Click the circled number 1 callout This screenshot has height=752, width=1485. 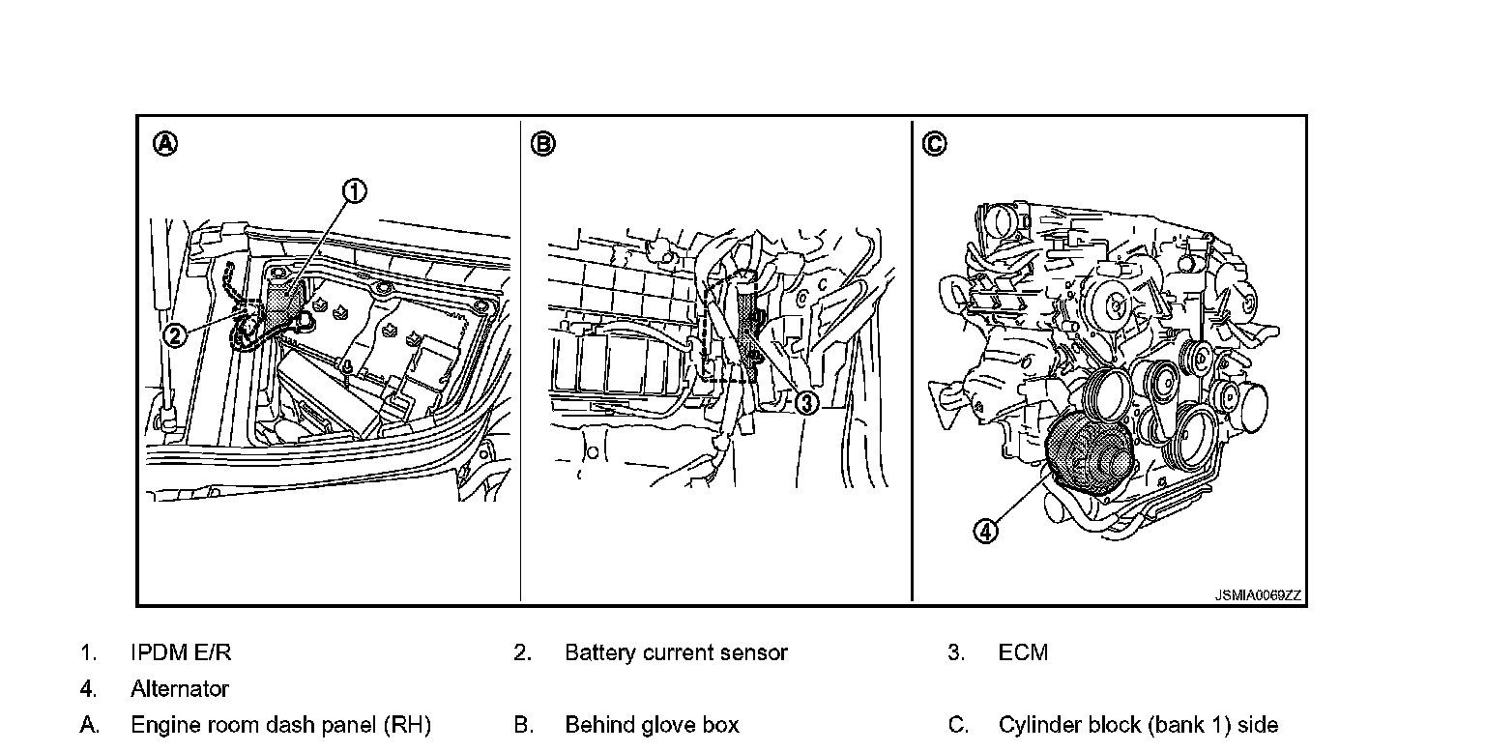click(355, 191)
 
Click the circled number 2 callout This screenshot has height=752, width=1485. click(173, 335)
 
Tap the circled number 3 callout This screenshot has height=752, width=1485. click(806, 403)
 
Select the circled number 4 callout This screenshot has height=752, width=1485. click(984, 531)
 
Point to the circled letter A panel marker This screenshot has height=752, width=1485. click(166, 144)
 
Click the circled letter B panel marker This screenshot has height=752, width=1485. click(543, 144)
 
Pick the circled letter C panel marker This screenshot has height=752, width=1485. click(934, 144)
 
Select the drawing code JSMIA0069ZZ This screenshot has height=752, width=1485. click(1258, 595)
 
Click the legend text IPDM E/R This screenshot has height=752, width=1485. click(181, 652)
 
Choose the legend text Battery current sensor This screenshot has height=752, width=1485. click(676, 652)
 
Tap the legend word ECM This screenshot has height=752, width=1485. click(1023, 652)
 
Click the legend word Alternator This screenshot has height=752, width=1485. click(180, 689)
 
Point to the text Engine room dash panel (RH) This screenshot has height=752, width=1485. click(280, 725)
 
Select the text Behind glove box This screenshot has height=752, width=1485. click(652, 725)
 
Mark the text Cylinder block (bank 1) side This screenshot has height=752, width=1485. click(1138, 725)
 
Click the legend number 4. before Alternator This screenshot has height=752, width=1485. click(88, 689)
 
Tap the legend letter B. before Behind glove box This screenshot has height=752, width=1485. click(523, 725)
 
